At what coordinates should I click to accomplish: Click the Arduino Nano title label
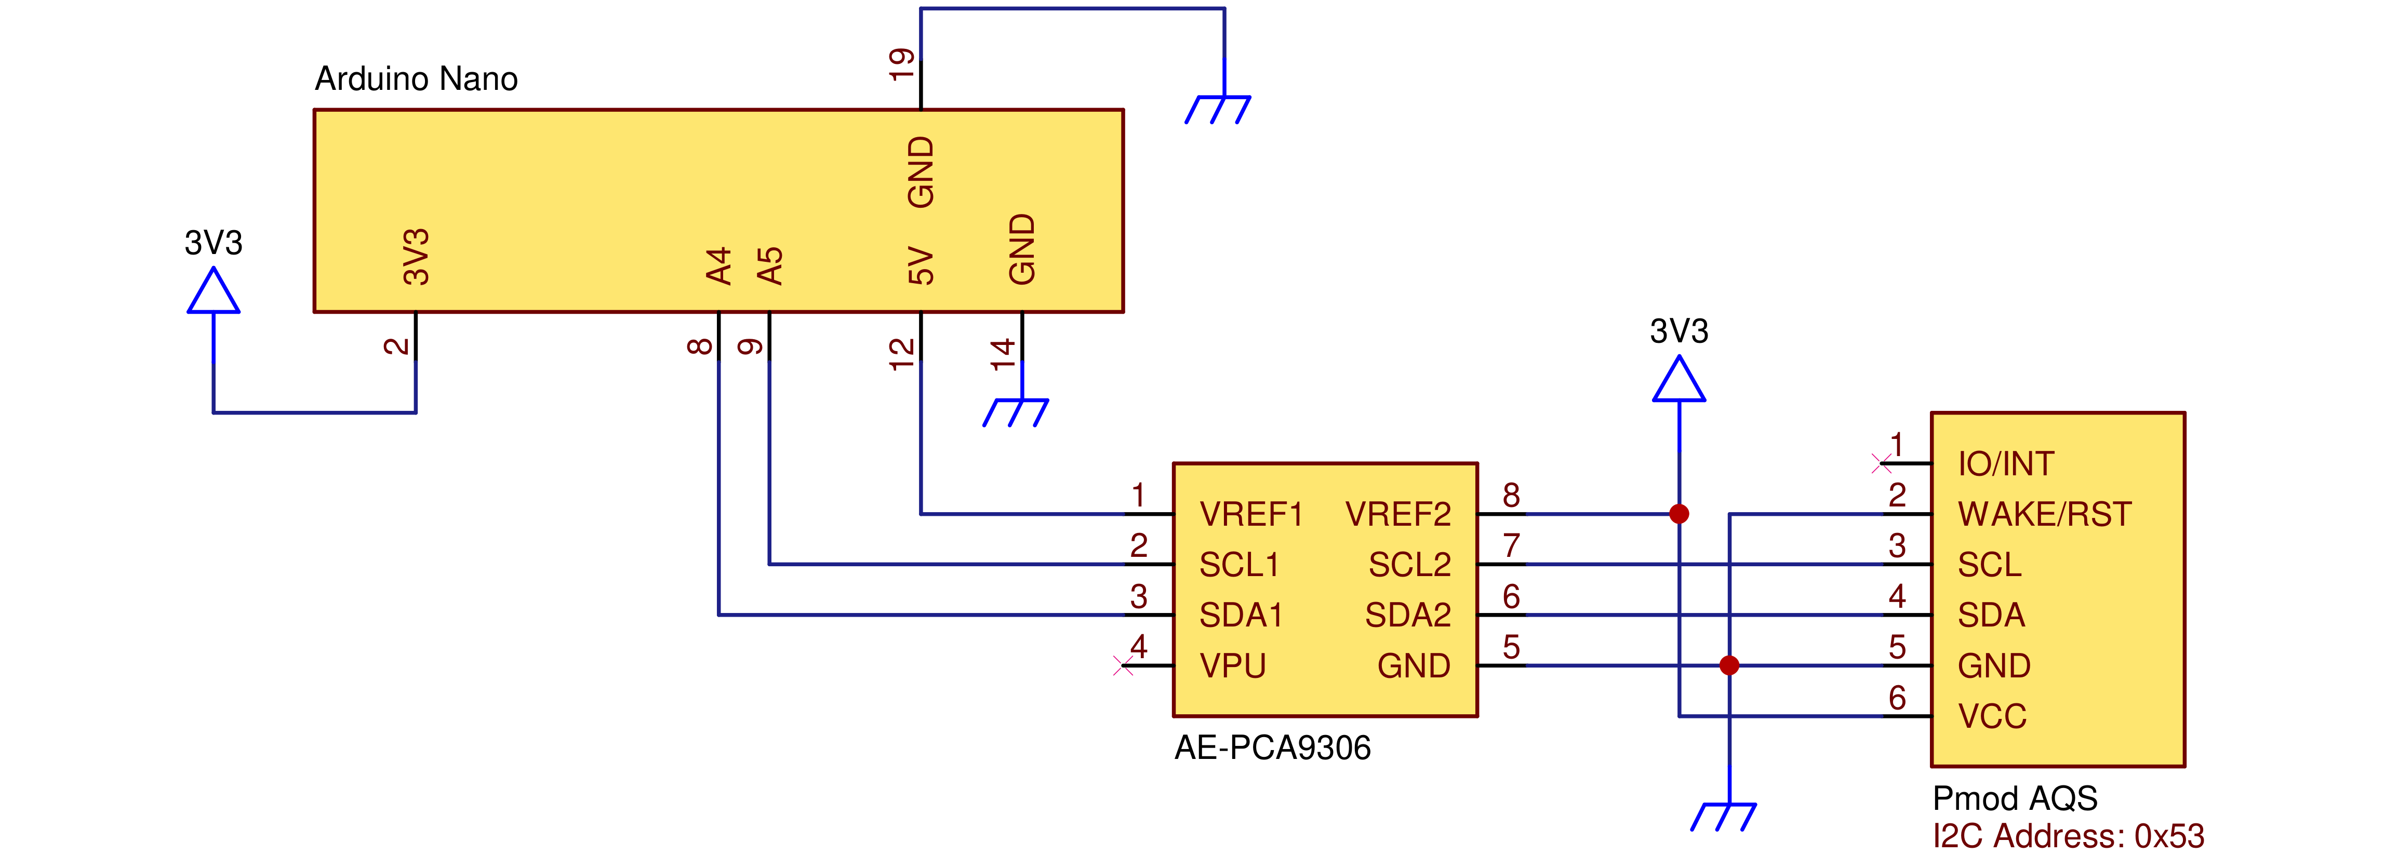416,79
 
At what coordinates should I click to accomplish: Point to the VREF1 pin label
1250,514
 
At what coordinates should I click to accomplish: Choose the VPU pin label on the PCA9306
1233,666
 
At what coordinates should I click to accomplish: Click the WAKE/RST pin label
2044,514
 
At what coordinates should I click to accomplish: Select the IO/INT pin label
2005,464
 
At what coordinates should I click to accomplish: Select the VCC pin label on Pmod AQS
1992,716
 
